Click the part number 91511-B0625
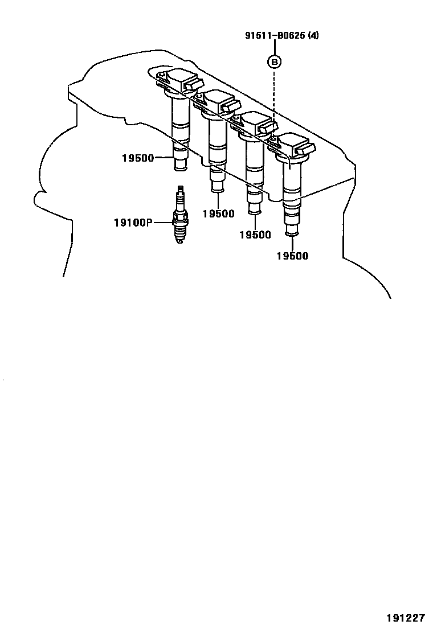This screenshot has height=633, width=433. pyautogui.click(x=277, y=36)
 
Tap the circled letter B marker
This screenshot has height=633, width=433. pyautogui.click(x=275, y=60)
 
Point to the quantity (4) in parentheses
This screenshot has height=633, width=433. pyautogui.click(x=313, y=36)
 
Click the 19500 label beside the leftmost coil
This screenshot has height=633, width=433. pyautogui.click(x=137, y=158)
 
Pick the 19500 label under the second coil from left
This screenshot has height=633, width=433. pyautogui.click(x=218, y=213)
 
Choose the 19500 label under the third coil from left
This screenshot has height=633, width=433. pyautogui.click(x=255, y=235)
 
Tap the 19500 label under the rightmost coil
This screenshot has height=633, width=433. pyautogui.click(x=292, y=256)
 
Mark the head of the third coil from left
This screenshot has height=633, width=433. pyautogui.click(x=255, y=124)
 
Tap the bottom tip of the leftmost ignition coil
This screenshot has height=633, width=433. pyautogui.click(x=180, y=167)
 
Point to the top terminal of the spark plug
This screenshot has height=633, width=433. pyautogui.click(x=181, y=190)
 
